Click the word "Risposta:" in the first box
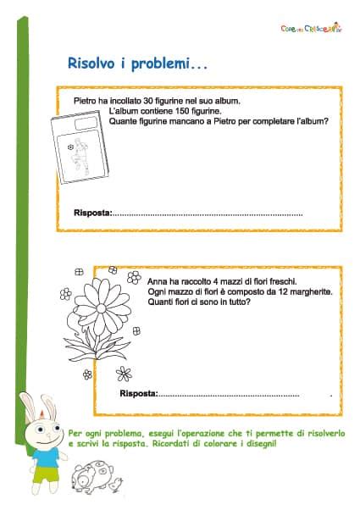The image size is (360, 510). tap(92, 213)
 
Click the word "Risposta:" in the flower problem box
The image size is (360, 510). tap(139, 394)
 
